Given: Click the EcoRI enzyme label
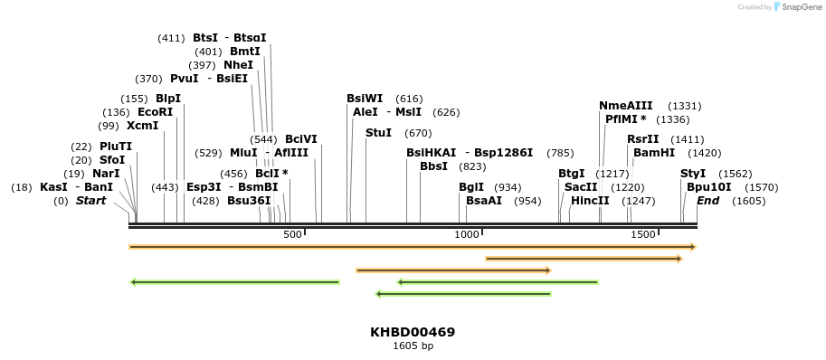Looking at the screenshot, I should coord(155,112).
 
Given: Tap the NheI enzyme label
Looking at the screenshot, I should coord(238,65).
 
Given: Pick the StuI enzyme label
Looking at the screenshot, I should coord(378,133).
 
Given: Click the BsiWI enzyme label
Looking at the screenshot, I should coord(365,99).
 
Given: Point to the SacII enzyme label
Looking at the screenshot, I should coord(581,187).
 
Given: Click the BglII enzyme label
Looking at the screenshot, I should coord(470,187).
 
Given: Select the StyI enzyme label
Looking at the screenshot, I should coord(692,174).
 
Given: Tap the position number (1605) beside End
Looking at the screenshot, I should coord(748,201).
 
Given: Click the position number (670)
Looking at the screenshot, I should coord(418,133).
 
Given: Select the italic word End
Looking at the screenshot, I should coord(707,201).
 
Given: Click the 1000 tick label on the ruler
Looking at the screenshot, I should coord(466,234).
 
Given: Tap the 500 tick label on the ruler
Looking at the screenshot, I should coord(292,234).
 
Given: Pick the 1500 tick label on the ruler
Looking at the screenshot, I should coord(642,234).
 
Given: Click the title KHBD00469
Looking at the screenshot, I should coord(413,332).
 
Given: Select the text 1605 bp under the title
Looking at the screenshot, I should coord(413,346).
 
